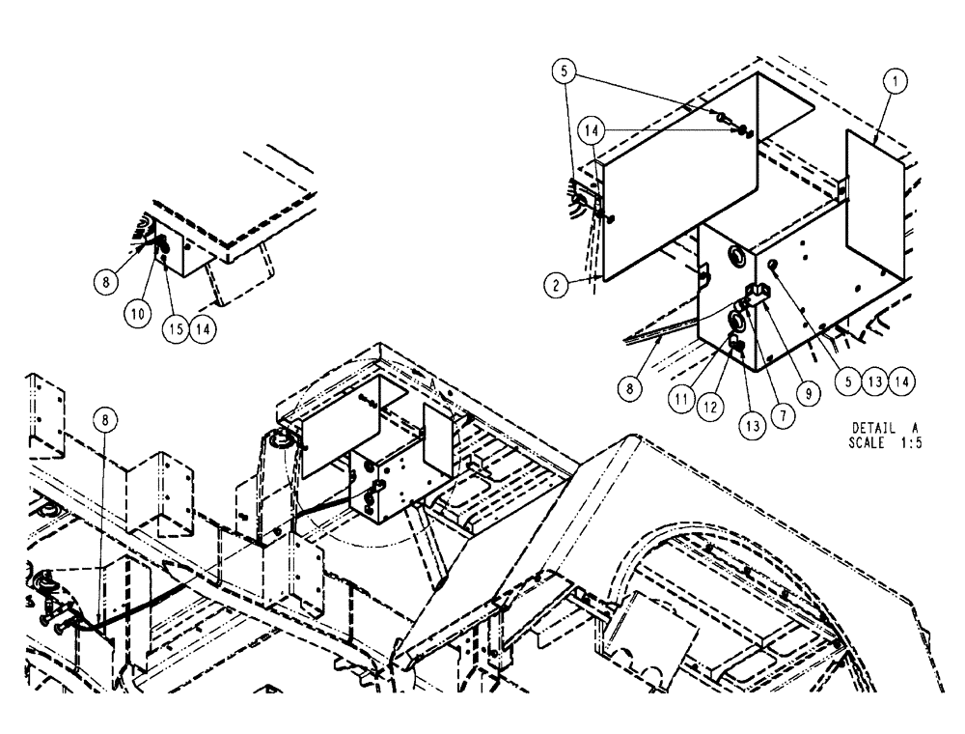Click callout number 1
point(895,84)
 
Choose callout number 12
point(713,407)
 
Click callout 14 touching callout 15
point(203,326)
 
